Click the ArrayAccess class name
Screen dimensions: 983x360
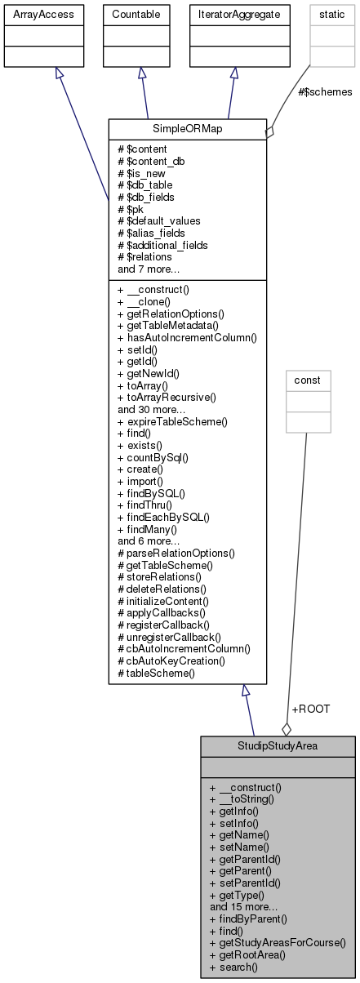32,14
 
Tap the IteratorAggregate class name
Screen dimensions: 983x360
233,14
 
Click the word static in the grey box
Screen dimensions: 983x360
309,14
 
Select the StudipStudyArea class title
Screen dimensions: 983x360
278,746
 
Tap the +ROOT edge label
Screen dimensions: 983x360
310,709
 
